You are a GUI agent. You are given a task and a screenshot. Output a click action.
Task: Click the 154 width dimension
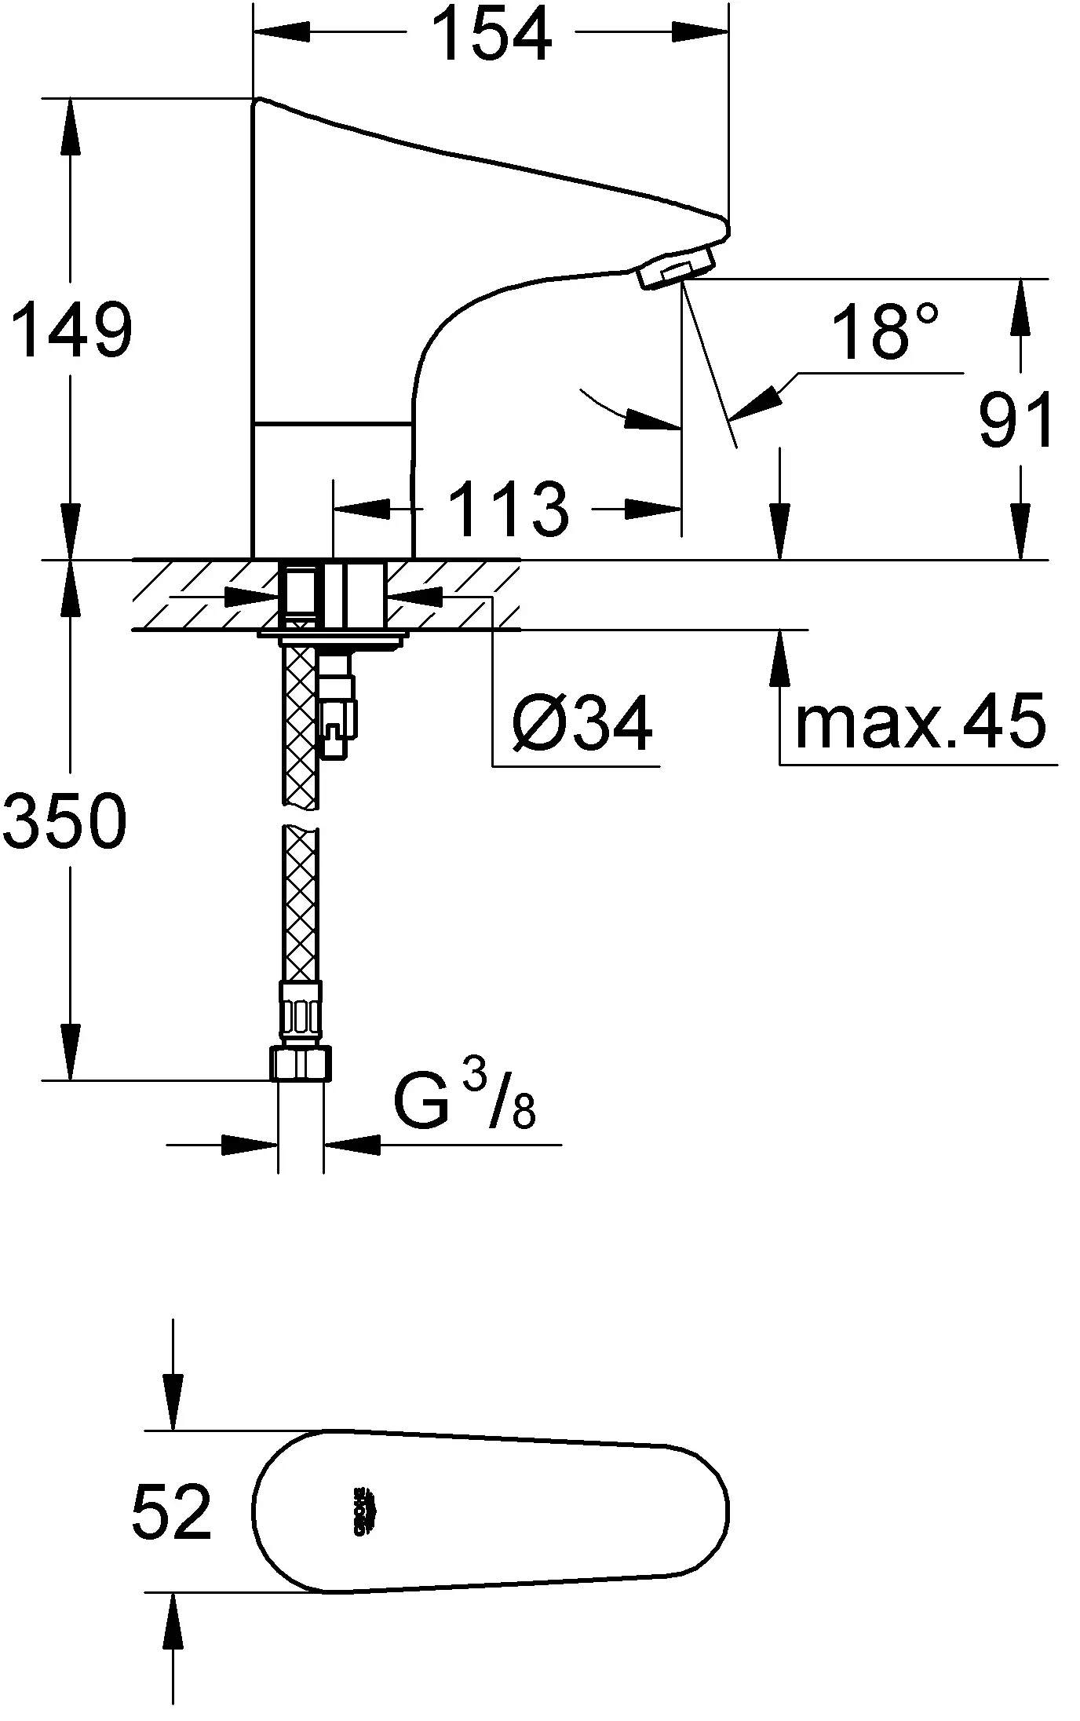click(x=492, y=35)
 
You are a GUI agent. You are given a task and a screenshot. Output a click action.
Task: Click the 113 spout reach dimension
click(x=509, y=509)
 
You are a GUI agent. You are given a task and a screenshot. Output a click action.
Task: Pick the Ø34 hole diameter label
click(x=582, y=722)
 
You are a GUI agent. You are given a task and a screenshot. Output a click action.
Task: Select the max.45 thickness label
click(x=920, y=721)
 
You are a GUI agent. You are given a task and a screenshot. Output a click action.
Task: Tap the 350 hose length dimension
click(x=64, y=820)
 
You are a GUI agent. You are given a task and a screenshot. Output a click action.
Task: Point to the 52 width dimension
click(x=171, y=1511)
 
